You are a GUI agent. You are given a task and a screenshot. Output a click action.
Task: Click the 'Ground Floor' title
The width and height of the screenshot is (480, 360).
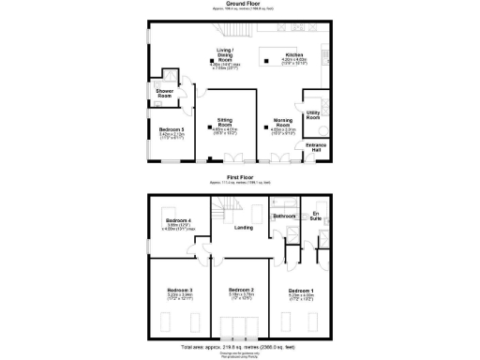[240, 3]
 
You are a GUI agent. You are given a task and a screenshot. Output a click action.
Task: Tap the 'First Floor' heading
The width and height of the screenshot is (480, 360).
[240, 175]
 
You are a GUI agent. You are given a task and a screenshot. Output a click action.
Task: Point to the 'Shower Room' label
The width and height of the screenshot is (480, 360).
[164, 93]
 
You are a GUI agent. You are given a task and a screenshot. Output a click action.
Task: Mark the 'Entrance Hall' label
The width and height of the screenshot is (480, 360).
[315, 147]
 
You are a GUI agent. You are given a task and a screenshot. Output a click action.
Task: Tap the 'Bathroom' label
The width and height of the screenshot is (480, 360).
[284, 216]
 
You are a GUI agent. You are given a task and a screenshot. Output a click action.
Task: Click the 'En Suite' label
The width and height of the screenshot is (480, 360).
[317, 217]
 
